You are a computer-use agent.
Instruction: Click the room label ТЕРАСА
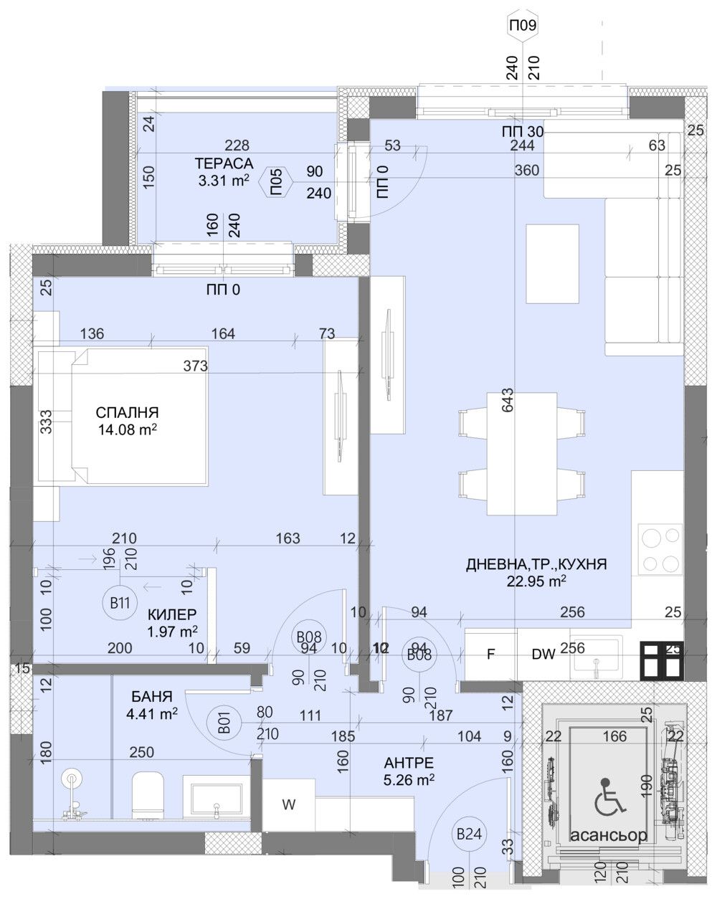coord(224,163)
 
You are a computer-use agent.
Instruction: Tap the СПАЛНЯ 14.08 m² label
coord(128,421)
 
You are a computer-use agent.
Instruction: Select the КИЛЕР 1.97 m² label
coord(172,622)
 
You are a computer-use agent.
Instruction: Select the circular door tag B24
coord(468,834)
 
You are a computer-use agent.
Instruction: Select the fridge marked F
coord(491,655)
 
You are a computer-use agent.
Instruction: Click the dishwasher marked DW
coord(543,655)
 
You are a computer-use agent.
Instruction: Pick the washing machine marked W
coord(288,804)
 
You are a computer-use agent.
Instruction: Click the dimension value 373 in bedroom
coord(195,366)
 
